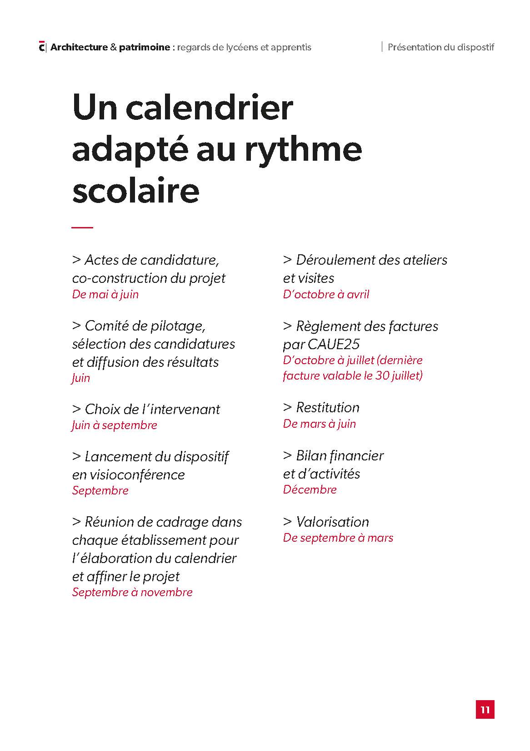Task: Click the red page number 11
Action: click(485, 709)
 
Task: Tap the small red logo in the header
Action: click(42, 47)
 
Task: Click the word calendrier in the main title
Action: click(209, 108)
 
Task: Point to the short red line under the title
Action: click(82, 227)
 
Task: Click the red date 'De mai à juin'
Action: click(105, 294)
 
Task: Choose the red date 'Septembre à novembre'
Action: click(132, 592)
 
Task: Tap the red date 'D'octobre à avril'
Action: click(326, 294)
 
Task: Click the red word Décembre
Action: click(310, 489)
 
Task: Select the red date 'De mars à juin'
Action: click(320, 424)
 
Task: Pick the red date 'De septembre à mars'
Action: click(338, 538)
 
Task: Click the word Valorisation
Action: click(333, 522)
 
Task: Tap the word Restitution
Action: click(328, 407)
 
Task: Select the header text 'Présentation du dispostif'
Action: click(440, 47)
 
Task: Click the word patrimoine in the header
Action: click(145, 47)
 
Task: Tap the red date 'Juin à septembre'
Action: click(115, 425)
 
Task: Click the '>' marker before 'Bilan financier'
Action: click(287, 455)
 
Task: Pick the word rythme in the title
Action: click(303, 150)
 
